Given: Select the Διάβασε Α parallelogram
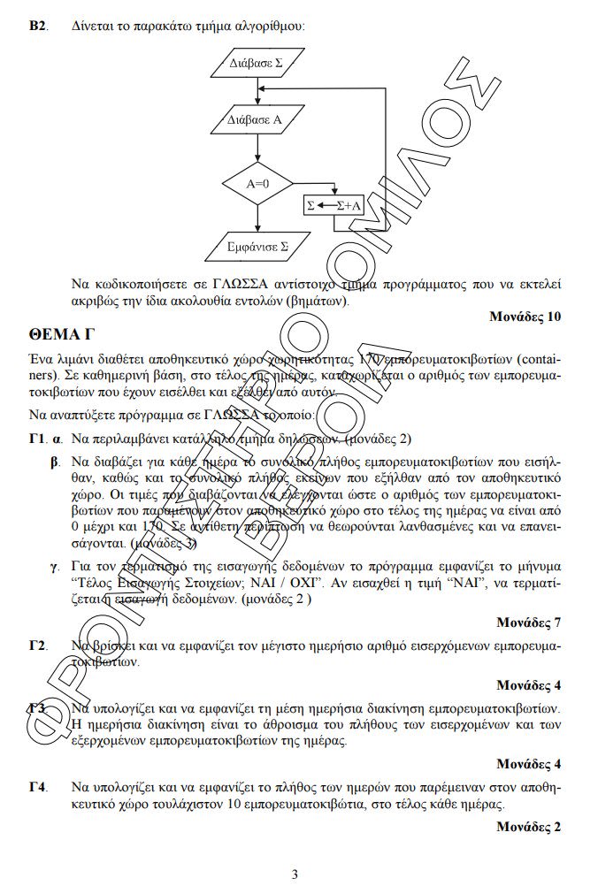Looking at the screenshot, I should coord(256,119).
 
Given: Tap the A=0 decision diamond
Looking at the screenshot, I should coord(257,184).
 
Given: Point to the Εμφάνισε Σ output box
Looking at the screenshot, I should coord(257,245).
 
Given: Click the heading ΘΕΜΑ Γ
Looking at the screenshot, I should coord(61,335).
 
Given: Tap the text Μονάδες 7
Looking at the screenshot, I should coord(528,621).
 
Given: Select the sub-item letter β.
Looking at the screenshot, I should coord(56,462).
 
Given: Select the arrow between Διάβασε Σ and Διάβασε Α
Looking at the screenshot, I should coord(257,90).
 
